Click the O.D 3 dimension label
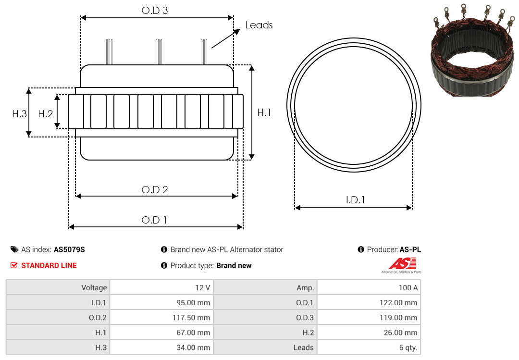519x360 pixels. [155, 11]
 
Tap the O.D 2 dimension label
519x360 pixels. [155, 190]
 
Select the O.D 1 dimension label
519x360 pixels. [154, 220]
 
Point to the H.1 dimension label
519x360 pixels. [264, 112]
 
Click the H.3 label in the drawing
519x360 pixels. [19, 114]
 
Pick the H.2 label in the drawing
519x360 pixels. [45, 114]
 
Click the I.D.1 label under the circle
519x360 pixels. [355, 199]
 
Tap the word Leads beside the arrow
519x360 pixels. [259, 25]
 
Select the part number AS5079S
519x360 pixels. [69, 249]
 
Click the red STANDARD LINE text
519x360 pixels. [49, 265]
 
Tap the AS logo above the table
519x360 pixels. [401, 265]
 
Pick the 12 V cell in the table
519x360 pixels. [161, 287]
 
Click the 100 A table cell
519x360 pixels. [369, 287]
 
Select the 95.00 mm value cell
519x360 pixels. [161, 302]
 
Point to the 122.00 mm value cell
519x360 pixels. [369, 302]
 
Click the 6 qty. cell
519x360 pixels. [369, 348]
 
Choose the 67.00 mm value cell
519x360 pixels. [161, 333]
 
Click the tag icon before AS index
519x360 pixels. [14, 249]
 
